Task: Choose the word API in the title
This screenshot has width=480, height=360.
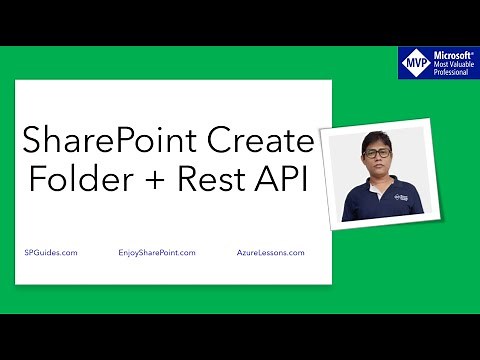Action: tap(285, 183)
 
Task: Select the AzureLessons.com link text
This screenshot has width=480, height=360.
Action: tap(271, 254)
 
